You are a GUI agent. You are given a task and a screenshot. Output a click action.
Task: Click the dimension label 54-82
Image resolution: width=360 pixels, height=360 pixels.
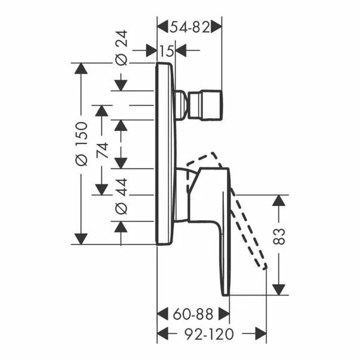pyautogui.click(x=190, y=26)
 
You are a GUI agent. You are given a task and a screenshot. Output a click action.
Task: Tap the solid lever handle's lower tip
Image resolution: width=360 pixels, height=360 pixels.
pyautogui.click(x=225, y=291)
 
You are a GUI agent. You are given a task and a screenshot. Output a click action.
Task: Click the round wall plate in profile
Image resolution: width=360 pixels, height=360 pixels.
pyautogui.click(x=165, y=152)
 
